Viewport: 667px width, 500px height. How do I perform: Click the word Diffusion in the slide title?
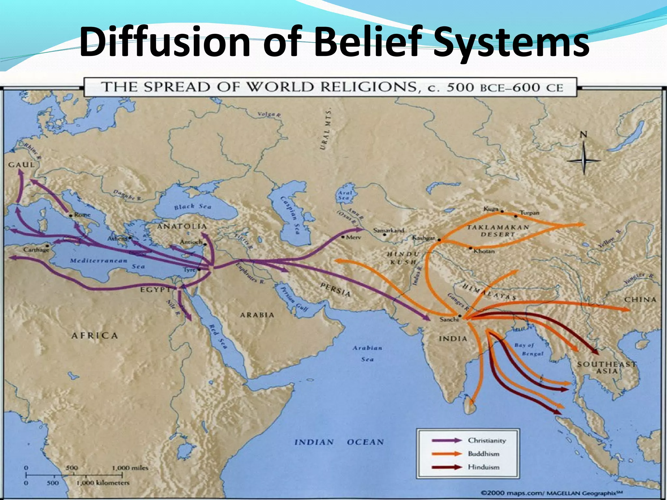pos(164,42)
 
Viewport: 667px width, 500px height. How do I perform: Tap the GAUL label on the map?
pos(21,165)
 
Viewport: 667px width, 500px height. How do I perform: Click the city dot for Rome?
pos(71,216)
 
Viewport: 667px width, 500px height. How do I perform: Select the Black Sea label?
pos(192,206)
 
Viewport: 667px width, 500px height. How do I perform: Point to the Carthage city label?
pos(36,250)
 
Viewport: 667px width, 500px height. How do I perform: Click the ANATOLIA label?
pos(182,226)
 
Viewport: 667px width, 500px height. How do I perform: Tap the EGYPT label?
pos(155,289)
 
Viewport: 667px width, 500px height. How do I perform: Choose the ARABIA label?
pos(257,315)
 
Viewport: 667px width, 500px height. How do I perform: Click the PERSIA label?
pos(335,289)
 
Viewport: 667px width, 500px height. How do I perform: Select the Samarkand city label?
pos(389,230)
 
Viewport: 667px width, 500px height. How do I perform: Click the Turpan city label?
pos(529,213)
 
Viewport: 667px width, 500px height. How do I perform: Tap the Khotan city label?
pos(484,251)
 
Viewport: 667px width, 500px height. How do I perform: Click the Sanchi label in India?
pos(449,319)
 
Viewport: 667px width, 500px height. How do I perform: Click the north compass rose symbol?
pos(584,156)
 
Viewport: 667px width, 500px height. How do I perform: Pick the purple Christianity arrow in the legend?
pos(447,440)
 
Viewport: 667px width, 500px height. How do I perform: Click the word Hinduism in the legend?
pos(484,467)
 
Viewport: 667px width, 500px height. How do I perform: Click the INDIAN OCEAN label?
pos(339,442)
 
